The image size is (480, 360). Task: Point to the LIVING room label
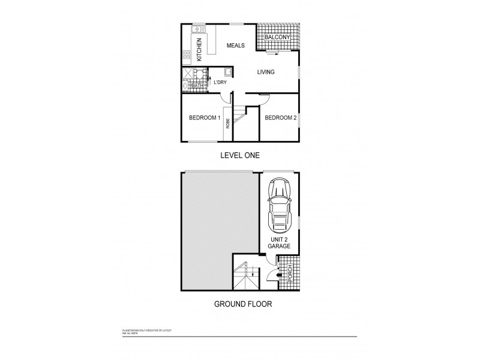pyautogui.click(x=265, y=73)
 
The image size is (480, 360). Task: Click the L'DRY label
pyautogui.click(x=220, y=82)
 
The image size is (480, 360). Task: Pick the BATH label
pyautogui.click(x=197, y=86)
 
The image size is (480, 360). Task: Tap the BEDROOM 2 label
pyautogui.click(x=281, y=118)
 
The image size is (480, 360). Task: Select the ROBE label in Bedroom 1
pyautogui.click(x=228, y=124)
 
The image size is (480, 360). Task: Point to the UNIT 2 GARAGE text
pyautogui.click(x=278, y=242)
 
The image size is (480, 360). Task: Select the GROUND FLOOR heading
pyautogui.click(x=243, y=304)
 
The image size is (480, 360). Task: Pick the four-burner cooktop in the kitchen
pyautogui.click(x=187, y=56)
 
